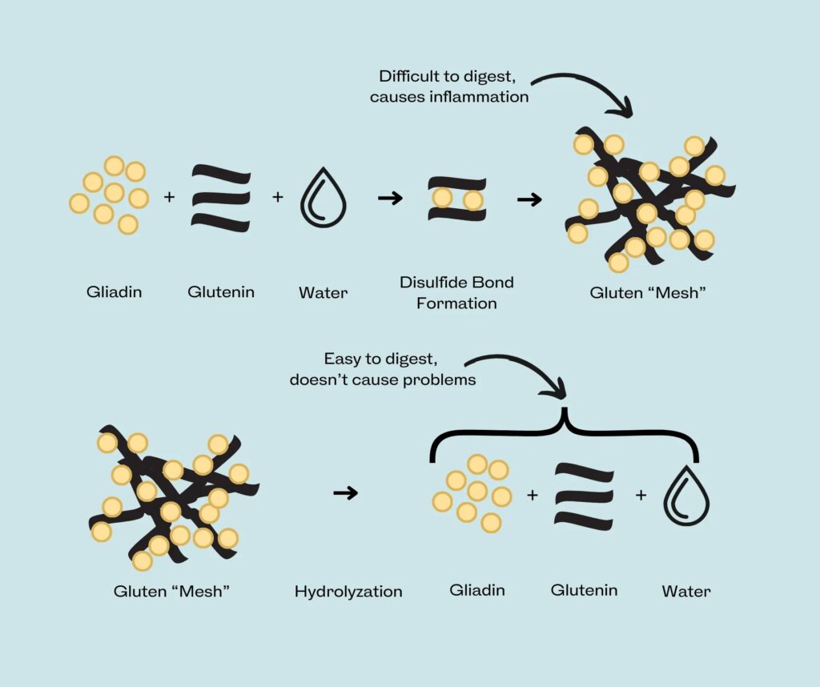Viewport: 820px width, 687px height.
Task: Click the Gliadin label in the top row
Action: coord(114,291)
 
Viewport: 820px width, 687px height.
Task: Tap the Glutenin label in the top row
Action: coord(221,291)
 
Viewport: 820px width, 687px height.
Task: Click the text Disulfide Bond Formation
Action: coord(456,292)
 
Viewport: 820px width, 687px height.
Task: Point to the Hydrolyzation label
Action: coord(348,593)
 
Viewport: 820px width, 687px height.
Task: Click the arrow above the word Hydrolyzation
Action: coord(346,493)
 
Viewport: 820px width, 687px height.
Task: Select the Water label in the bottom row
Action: coord(686,593)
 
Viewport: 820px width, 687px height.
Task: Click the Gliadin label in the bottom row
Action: coord(477,591)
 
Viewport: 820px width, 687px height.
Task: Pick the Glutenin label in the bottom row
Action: coord(584,591)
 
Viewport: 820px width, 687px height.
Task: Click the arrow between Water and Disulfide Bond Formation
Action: coord(390,198)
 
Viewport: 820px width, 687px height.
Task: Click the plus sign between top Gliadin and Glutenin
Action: coord(169,196)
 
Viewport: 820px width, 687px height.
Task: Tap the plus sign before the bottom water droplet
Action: coord(641,496)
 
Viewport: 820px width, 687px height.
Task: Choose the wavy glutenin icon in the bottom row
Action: coord(585,495)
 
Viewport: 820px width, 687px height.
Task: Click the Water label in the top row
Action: coord(323,292)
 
